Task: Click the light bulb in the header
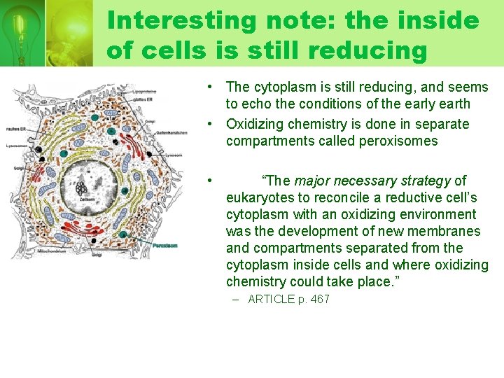tap(21, 28)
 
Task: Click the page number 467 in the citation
tap(319, 300)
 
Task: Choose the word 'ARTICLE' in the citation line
tap(269, 300)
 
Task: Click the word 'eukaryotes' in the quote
tap(260, 198)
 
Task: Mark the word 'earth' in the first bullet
tap(453, 104)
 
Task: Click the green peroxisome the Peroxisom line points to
tap(123, 234)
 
